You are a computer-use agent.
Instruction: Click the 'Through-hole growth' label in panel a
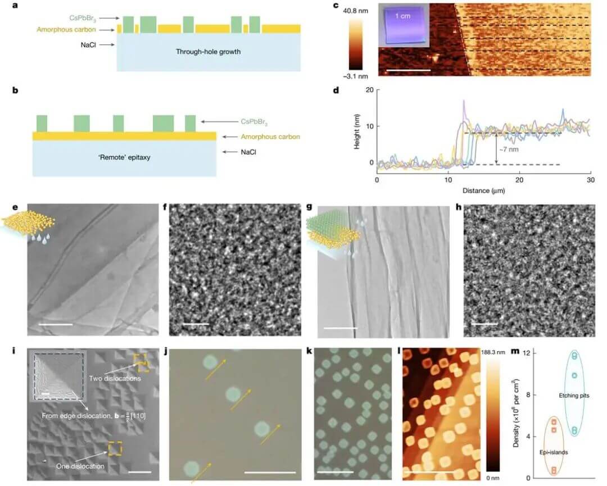click(208, 52)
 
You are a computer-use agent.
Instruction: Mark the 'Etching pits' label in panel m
click(572, 396)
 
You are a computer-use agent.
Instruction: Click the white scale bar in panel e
click(56, 324)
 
